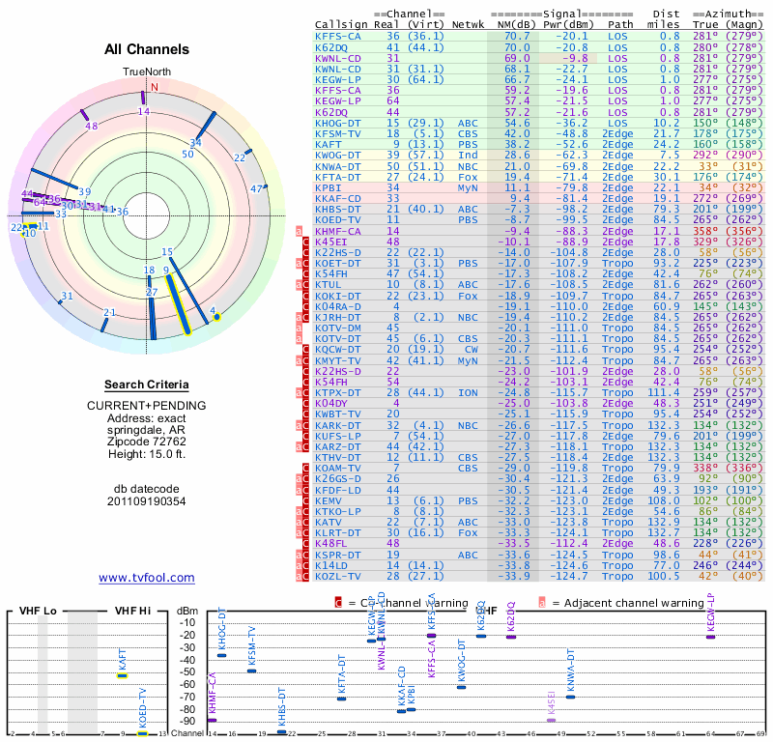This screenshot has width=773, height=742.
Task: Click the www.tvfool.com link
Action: click(x=147, y=578)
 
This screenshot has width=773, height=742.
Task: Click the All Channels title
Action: click(x=147, y=49)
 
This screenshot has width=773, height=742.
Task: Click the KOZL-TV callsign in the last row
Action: click(x=337, y=576)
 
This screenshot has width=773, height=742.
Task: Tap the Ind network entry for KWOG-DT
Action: click(x=469, y=155)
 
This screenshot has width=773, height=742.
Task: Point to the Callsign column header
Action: click(x=342, y=25)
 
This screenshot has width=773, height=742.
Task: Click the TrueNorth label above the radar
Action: click(x=144, y=72)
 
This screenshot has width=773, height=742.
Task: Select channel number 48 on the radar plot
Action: click(x=92, y=126)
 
